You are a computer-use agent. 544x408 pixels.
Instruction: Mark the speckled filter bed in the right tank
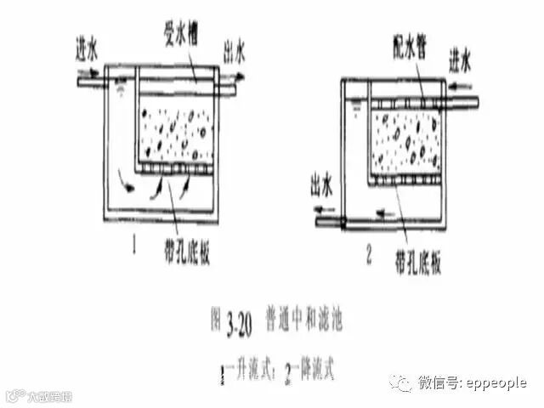406,140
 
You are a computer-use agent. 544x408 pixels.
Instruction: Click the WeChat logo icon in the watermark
400,383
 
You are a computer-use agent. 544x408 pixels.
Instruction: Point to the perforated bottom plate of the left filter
176,171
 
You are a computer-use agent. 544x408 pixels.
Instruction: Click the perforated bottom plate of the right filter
406,179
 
